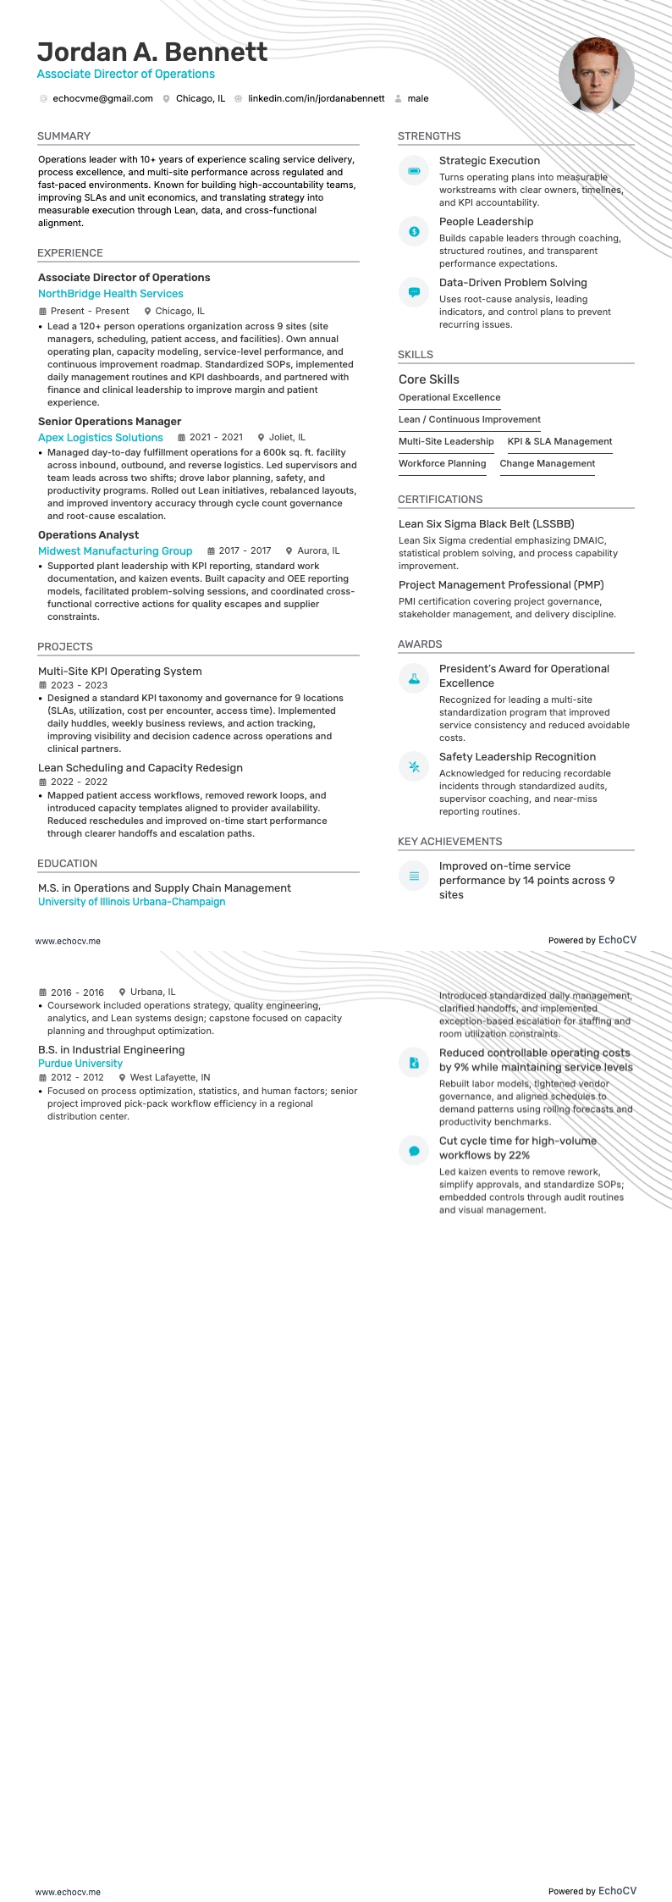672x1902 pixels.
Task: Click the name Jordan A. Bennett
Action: [x=152, y=53]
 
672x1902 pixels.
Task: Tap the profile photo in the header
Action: [x=596, y=75]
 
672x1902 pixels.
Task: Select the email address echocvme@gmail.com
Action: [x=102, y=99]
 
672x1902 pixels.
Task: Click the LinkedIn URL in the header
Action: [x=316, y=99]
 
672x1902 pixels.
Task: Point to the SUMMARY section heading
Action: [x=63, y=136]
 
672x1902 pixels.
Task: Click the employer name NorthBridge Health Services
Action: [x=110, y=294]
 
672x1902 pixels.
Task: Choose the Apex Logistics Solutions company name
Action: [x=100, y=438]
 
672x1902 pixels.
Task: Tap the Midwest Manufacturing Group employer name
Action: [x=115, y=551]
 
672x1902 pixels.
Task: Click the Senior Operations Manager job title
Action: [x=109, y=422]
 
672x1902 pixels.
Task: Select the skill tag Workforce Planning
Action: [x=442, y=464]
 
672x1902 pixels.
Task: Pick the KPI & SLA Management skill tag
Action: [x=559, y=442]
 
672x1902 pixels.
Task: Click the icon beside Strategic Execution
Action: [x=414, y=171]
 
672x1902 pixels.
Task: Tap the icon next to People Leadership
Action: [x=414, y=232]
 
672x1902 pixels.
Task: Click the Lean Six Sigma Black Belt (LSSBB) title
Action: [x=486, y=524]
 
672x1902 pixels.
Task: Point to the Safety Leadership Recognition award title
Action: [x=517, y=757]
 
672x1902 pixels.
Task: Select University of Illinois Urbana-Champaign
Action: [x=131, y=902]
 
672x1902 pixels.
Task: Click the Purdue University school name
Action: [x=80, y=1064]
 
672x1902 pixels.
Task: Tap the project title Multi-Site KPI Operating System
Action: [x=119, y=672]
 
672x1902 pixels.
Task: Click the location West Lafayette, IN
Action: [x=169, y=1078]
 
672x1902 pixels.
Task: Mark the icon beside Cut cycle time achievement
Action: [x=414, y=1151]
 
